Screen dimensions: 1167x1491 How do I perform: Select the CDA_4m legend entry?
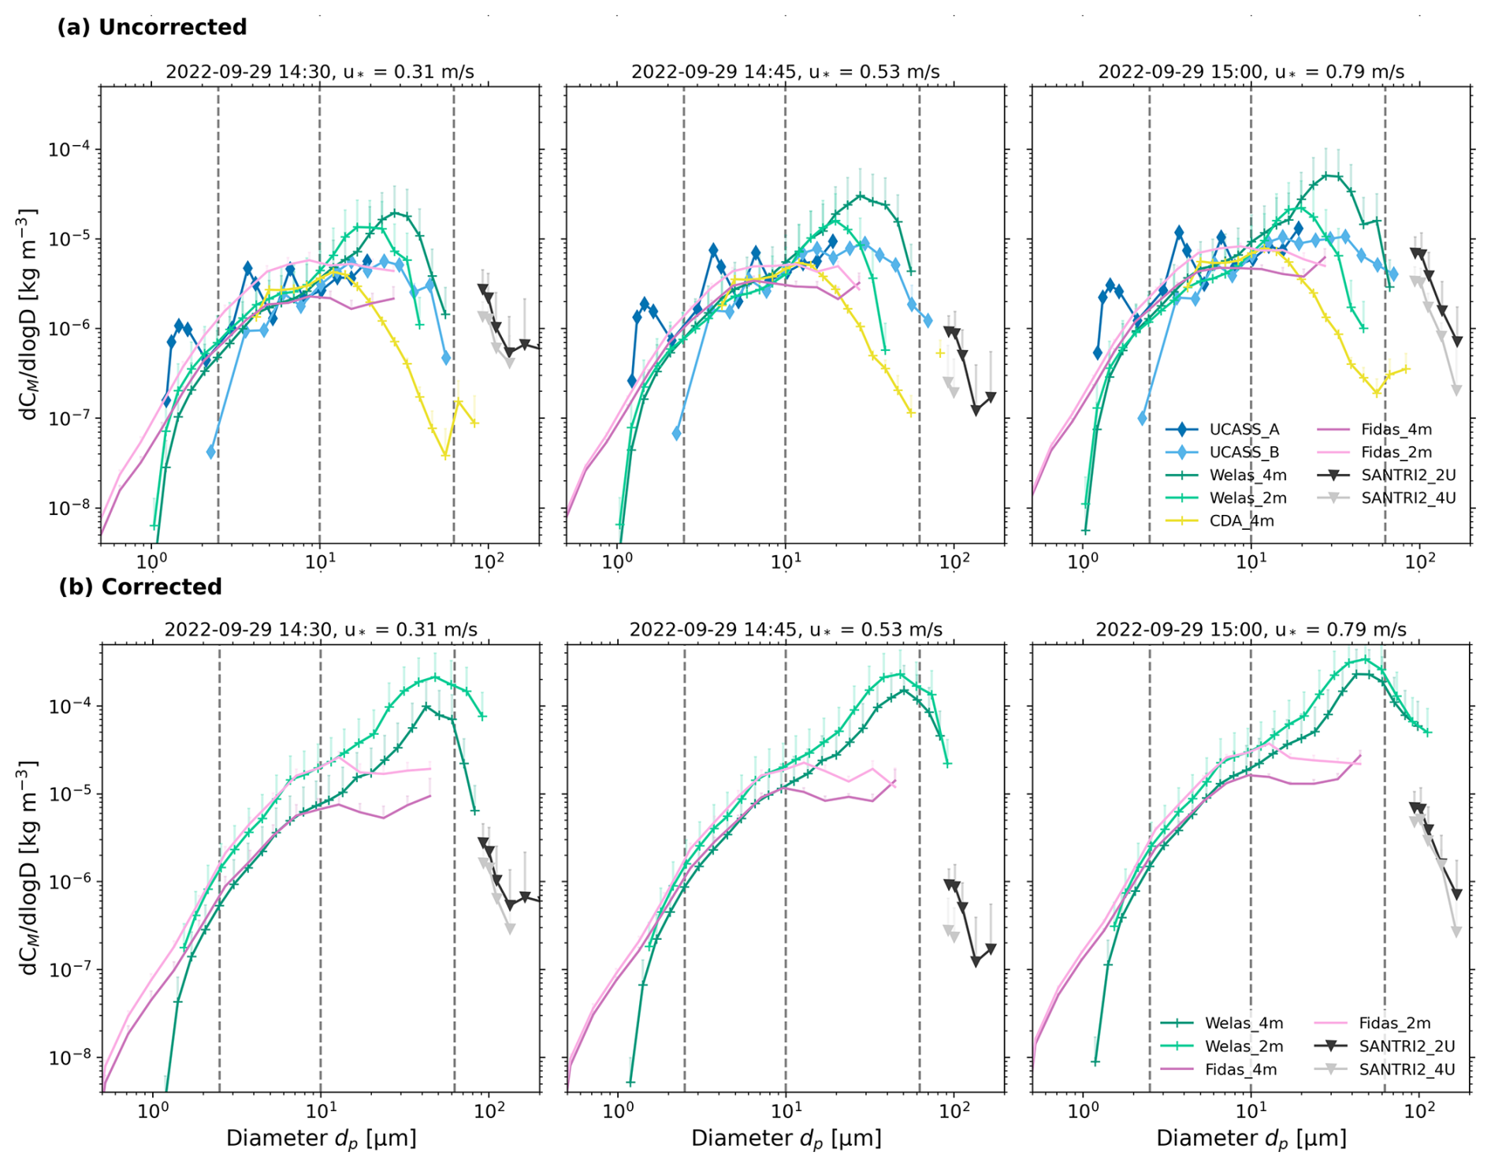pos(1241,520)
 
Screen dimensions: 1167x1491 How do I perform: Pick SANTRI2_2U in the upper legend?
pos(1407,475)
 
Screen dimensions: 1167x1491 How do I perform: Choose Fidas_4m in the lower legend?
pos(1240,1069)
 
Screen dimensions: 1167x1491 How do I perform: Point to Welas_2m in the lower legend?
pos(1244,1046)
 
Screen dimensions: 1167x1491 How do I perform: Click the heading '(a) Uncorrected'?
pos(152,27)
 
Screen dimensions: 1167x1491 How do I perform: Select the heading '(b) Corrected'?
pos(140,587)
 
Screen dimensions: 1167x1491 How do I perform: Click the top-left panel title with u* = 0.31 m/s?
pos(319,72)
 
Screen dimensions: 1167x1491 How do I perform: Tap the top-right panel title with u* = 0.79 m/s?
pos(1251,72)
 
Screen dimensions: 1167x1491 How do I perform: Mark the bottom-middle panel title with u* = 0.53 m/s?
pos(786,630)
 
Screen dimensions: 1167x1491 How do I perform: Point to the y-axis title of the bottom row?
pos(28,867)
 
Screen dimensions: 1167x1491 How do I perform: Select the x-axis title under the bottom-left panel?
pos(321,1139)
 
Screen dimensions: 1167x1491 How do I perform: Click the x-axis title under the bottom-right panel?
pos(1251,1139)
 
